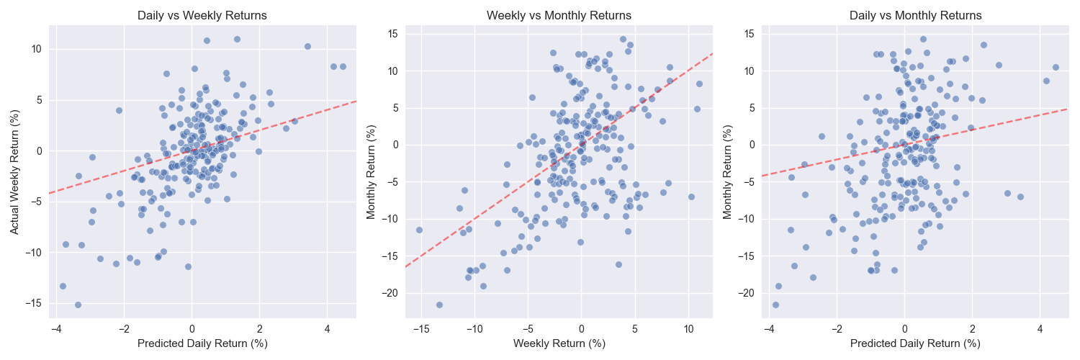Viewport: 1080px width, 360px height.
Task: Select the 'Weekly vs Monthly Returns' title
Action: [x=559, y=15]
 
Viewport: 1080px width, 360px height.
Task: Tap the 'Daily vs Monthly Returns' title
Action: [x=915, y=15]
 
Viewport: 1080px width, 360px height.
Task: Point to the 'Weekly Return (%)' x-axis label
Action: [x=559, y=343]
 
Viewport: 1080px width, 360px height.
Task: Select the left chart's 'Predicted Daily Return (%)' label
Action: [x=202, y=343]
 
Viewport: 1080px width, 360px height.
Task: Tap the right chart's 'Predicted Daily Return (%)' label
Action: [x=915, y=343]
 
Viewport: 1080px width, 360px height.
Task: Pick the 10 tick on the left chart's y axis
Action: [x=37, y=49]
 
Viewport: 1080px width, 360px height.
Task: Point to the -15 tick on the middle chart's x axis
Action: [x=420, y=328]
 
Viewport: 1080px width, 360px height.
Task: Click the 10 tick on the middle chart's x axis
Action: [x=688, y=328]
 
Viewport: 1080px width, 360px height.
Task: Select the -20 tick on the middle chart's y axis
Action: [x=390, y=293]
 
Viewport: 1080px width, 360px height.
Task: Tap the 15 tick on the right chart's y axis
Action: [x=749, y=34]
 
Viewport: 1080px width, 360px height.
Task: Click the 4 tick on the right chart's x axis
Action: [x=1040, y=328]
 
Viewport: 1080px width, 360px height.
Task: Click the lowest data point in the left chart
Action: [x=78, y=305]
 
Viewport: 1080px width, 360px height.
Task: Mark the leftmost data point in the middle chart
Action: [x=419, y=230]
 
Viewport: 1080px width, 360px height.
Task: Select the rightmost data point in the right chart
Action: [x=1056, y=67]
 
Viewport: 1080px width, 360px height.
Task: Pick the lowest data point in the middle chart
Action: [x=439, y=305]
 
